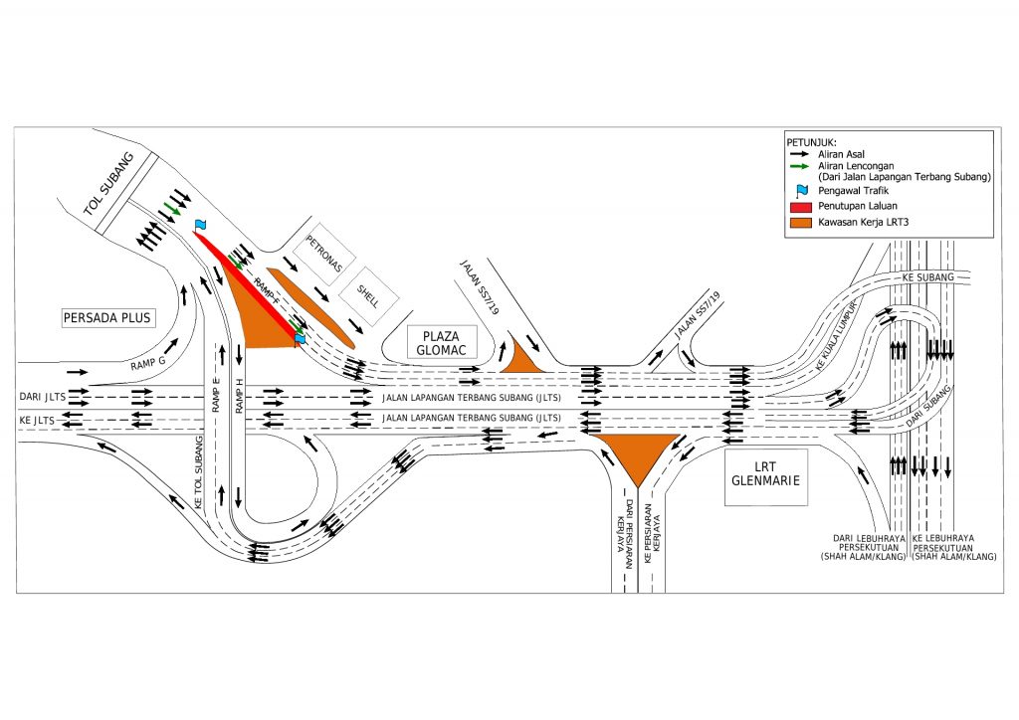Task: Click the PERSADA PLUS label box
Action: (106, 318)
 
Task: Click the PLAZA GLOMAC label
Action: (443, 343)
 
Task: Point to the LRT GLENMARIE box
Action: (765, 476)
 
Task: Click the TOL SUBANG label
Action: (108, 186)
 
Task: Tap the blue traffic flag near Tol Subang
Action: (200, 226)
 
